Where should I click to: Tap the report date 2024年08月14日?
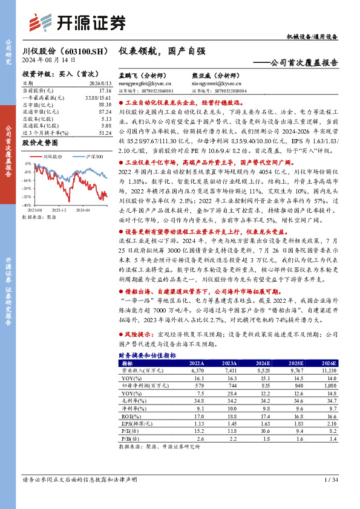click(x=48, y=60)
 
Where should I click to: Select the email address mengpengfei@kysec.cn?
click(x=140, y=84)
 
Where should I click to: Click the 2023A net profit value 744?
click(x=229, y=384)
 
